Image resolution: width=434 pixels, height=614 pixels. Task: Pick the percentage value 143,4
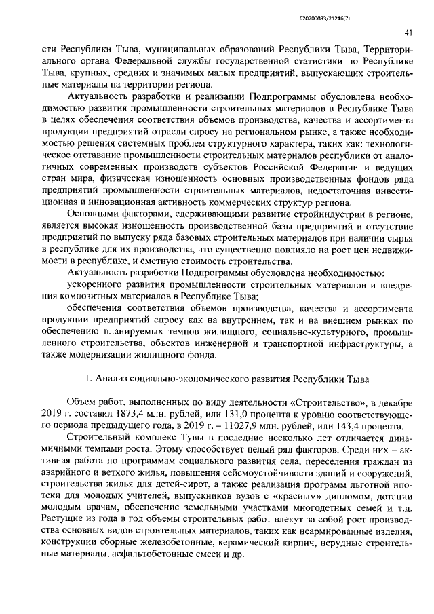click(x=354, y=426)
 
